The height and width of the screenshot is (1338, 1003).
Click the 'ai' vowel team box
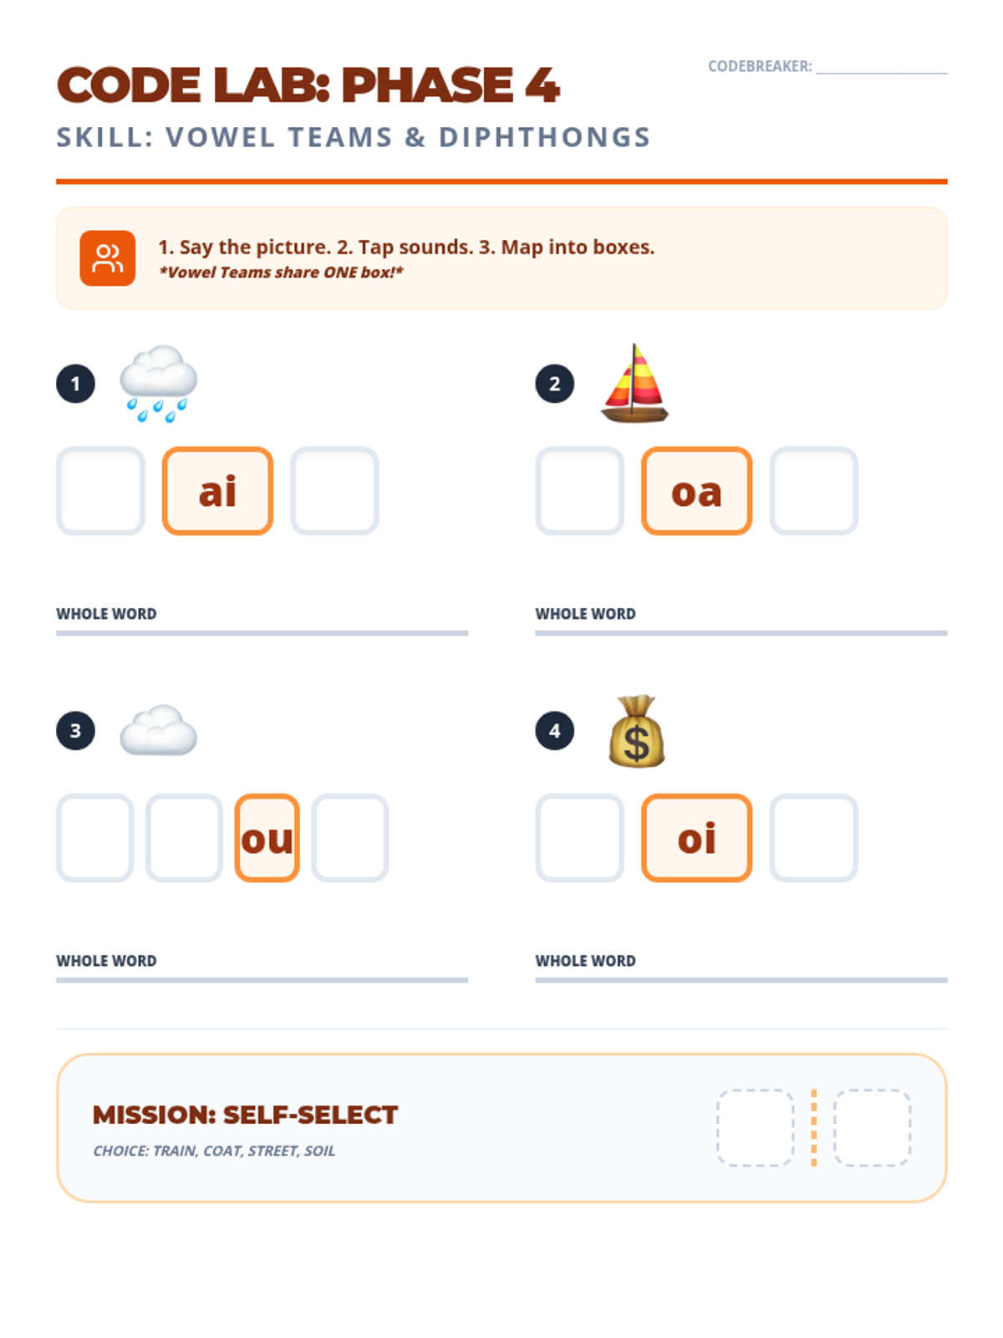[217, 491]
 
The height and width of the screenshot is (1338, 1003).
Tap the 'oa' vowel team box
[696, 491]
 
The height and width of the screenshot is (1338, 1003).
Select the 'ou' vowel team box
[267, 838]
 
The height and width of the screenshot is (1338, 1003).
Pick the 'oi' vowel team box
[696, 838]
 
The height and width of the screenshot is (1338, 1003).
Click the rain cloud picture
[158, 383]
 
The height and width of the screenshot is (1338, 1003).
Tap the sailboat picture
[634, 383]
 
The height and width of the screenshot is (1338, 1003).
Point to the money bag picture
[636, 731]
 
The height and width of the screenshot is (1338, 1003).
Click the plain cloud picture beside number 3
[158, 730]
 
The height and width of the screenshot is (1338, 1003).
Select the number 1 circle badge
[75, 383]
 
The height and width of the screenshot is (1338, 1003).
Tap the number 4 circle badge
[554, 730]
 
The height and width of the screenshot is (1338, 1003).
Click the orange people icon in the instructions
[107, 258]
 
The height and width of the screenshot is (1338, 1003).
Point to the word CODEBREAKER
[760, 66]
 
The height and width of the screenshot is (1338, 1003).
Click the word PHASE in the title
[427, 84]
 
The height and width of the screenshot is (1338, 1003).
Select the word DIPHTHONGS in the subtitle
[545, 138]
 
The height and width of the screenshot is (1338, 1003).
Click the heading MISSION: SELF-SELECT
[245, 1115]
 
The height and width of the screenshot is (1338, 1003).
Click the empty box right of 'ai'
[334, 491]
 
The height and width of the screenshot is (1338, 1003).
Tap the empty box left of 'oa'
[579, 491]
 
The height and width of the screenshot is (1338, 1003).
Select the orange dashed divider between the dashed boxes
[813, 1128]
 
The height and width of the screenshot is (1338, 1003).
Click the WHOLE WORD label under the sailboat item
[585, 614]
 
